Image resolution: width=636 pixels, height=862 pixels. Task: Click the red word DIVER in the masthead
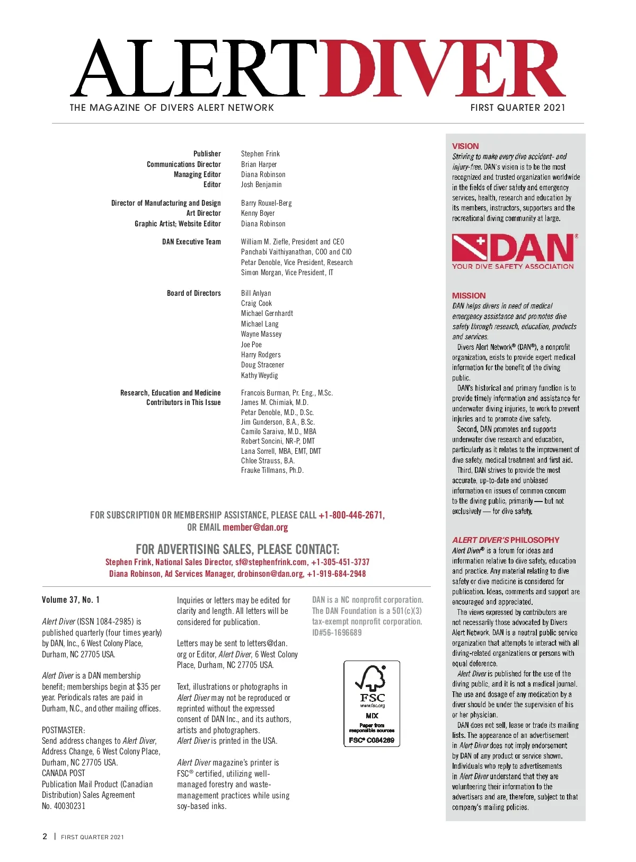click(443, 69)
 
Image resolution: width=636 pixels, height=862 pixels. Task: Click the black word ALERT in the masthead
click(193, 69)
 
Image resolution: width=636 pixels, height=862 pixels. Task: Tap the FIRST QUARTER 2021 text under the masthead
click(517, 108)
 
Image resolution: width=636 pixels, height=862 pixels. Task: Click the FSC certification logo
click(372, 703)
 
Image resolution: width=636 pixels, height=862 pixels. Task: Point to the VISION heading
click(465, 146)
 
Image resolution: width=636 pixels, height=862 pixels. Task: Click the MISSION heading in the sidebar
click(469, 296)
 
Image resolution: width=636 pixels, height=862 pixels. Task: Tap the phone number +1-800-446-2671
click(351, 515)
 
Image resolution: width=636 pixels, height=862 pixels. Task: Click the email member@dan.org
click(255, 527)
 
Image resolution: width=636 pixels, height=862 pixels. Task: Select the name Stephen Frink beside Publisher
click(260, 154)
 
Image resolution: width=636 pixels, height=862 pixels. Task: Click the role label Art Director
click(204, 213)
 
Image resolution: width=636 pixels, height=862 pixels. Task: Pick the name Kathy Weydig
click(259, 375)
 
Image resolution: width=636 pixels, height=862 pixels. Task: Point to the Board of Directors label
click(193, 293)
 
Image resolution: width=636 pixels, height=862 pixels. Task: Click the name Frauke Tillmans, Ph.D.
click(272, 470)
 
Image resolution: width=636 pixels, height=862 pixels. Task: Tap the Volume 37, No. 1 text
click(70, 600)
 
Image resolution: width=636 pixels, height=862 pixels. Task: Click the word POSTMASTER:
click(63, 730)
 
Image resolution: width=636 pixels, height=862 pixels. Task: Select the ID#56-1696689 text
click(337, 632)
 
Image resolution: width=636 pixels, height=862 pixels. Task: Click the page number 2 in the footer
click(45, 837)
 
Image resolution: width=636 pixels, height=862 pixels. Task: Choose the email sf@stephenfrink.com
click(271, 562)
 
